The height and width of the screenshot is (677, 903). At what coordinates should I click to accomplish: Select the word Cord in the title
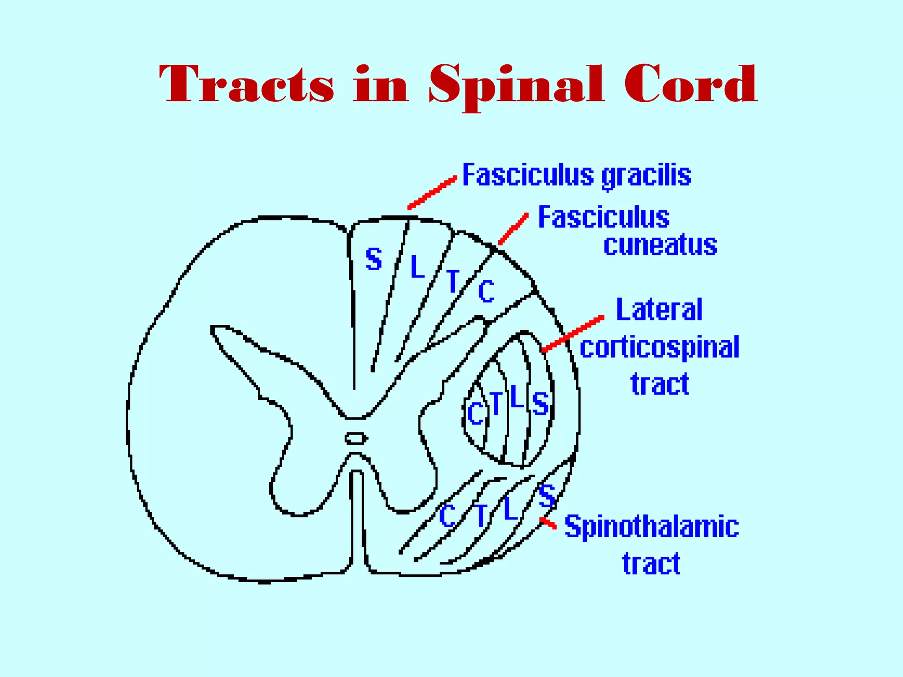(x=690, y=84)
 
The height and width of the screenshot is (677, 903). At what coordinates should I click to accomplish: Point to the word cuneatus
(x=660, y=246)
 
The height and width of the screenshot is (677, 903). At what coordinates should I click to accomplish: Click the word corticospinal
(x=659, y=348)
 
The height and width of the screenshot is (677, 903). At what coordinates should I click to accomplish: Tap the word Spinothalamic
(x=652, y=527)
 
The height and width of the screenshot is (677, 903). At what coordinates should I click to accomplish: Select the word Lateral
(x=659, y=310)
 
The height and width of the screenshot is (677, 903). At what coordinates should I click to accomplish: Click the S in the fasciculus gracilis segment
(x=374, y=259)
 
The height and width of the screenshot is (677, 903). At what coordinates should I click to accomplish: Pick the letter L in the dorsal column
(x=417, y=267)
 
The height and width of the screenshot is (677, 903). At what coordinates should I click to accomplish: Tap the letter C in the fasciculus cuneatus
(x=486, y=291)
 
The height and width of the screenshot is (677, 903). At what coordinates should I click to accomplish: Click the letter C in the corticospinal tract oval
(x=476, y=413)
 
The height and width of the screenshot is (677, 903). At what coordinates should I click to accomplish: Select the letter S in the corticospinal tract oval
(x=540, y=403)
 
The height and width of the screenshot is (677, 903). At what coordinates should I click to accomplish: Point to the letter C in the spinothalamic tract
(x=448, y=516)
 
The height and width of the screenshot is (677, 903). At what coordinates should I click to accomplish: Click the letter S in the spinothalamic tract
(x=547, y=496)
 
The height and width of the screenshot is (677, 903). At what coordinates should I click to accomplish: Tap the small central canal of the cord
(x=355, y=438)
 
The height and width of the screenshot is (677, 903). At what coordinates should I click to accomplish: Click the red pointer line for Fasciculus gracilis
(x=432, y=193)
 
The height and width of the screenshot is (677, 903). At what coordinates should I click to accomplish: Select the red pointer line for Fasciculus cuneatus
(x=513, y=228)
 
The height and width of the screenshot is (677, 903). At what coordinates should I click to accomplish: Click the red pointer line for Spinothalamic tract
(x=548, y=523)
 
